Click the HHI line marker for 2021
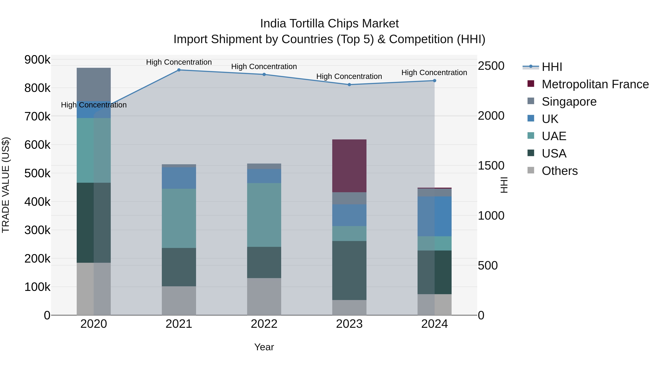click(179, 70)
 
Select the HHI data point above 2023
click(349, 85)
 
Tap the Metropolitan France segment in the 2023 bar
click(349, 166)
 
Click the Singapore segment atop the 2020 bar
click(94, 84)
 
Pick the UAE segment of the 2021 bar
click(179, 218)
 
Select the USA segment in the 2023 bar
click(349, 270)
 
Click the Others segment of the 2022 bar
click(264, 297)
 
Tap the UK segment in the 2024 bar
click(434, 216)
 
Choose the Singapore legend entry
click(569, 102)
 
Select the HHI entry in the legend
click(552, 67)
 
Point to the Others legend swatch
click(531, 170)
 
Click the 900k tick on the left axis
click(37, 60)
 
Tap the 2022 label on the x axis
click(264, 324)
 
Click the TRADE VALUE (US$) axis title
click(6, 185)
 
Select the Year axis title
click(264, 347)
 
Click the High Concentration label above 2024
click(434, 73)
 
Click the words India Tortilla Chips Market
click(329, 24)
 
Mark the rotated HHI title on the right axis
click(504, 185)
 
